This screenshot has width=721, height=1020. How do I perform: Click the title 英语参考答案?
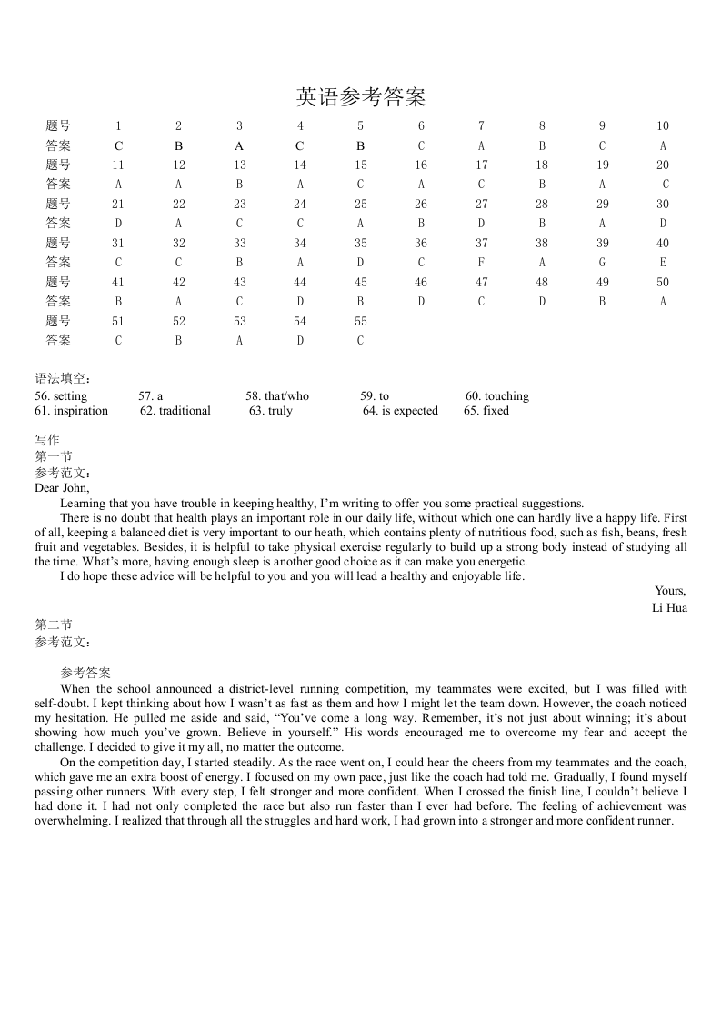(361, 97)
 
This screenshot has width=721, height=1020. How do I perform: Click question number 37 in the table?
(481, 243)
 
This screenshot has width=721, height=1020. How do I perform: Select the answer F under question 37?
(481, 263)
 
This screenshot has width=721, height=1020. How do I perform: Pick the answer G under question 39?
(602, 263)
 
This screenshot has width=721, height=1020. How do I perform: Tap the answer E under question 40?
(663, 263)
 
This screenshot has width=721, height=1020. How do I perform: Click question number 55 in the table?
(360, 321)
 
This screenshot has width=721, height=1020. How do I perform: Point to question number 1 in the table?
(118, 126)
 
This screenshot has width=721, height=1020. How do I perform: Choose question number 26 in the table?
(421, 205)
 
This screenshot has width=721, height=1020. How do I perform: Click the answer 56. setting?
(61, 396)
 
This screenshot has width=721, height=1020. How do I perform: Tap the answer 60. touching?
(496, 396)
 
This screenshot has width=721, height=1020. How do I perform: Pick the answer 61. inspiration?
(71, 411)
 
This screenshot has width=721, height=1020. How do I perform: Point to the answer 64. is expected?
(400, 411)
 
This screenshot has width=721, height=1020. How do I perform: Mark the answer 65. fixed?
(486, 411)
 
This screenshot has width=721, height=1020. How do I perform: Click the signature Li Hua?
(669, 607)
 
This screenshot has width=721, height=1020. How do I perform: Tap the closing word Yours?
(670, 591)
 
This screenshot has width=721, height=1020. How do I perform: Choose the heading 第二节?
(54, 625)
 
